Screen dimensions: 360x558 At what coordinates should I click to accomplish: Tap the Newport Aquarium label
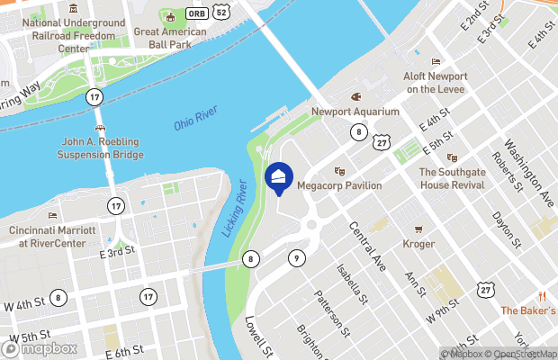[x=355, y=112]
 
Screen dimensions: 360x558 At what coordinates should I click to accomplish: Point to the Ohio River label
[x=195, y=119]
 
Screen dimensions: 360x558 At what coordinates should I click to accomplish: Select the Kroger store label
[x=418, y=244]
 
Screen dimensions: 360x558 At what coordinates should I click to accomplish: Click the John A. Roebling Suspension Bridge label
[x=103, y=148]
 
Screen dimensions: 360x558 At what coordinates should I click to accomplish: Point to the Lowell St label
[x=257, y=333]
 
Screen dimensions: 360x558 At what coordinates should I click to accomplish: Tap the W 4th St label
[x=22, y=305]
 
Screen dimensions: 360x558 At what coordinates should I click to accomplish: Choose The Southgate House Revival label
[x=452, y=178]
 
